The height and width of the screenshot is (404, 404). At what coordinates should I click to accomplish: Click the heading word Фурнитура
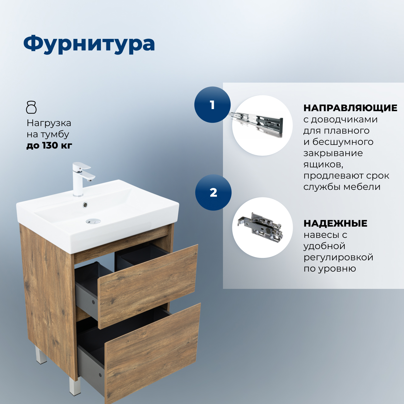pos(89,44)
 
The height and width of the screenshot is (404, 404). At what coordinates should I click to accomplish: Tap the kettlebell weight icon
pos(31,107)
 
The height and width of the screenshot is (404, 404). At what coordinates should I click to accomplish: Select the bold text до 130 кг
pos(49,146)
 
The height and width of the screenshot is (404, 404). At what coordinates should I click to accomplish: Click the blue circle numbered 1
pos(212,105)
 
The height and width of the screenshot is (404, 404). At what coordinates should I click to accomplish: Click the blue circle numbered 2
pos(213,193)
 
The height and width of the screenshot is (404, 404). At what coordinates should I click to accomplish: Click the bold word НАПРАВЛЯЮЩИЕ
pos(350,108)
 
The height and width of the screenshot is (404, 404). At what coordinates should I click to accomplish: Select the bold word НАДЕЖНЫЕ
pos(335,224)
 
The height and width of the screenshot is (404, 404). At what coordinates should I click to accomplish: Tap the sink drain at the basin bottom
pos(93,221)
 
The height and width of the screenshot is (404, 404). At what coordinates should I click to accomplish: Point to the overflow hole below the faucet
pos(85,205)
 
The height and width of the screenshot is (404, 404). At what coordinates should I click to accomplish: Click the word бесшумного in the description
pos(343,142)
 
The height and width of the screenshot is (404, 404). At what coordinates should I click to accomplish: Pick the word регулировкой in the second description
pos(338,257)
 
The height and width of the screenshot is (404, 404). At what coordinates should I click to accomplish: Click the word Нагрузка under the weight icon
pos(49,123)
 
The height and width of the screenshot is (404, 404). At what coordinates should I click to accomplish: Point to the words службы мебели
pos(342,187)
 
